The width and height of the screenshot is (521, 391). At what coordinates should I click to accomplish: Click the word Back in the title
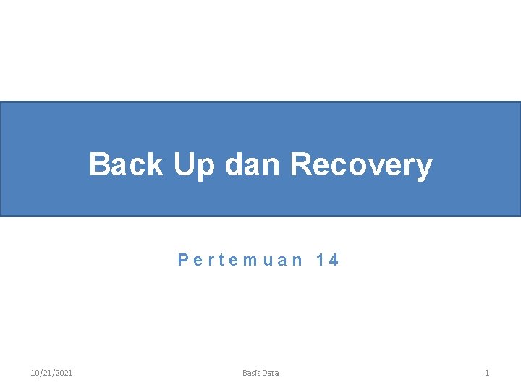point(126,164)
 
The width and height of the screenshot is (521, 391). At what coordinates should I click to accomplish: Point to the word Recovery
point(361,165)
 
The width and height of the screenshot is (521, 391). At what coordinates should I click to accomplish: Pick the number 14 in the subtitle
point(327,260)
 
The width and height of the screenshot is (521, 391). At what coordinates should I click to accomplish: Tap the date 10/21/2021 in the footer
point(51,373)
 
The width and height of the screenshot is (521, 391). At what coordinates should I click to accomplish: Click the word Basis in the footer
point(252,373)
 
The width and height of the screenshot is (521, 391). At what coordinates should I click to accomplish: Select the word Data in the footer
point(271,373)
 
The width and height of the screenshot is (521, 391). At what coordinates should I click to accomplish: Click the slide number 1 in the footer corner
point(487,373)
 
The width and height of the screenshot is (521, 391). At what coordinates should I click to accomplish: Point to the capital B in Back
point(99,164)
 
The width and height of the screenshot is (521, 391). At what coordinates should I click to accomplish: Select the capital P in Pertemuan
point(183,260)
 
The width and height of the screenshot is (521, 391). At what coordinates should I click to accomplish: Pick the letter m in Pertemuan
point(247,261)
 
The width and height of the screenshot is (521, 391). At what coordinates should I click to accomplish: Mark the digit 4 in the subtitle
point(333,260)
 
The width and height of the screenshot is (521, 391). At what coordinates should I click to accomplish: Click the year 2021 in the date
point(63,373)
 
